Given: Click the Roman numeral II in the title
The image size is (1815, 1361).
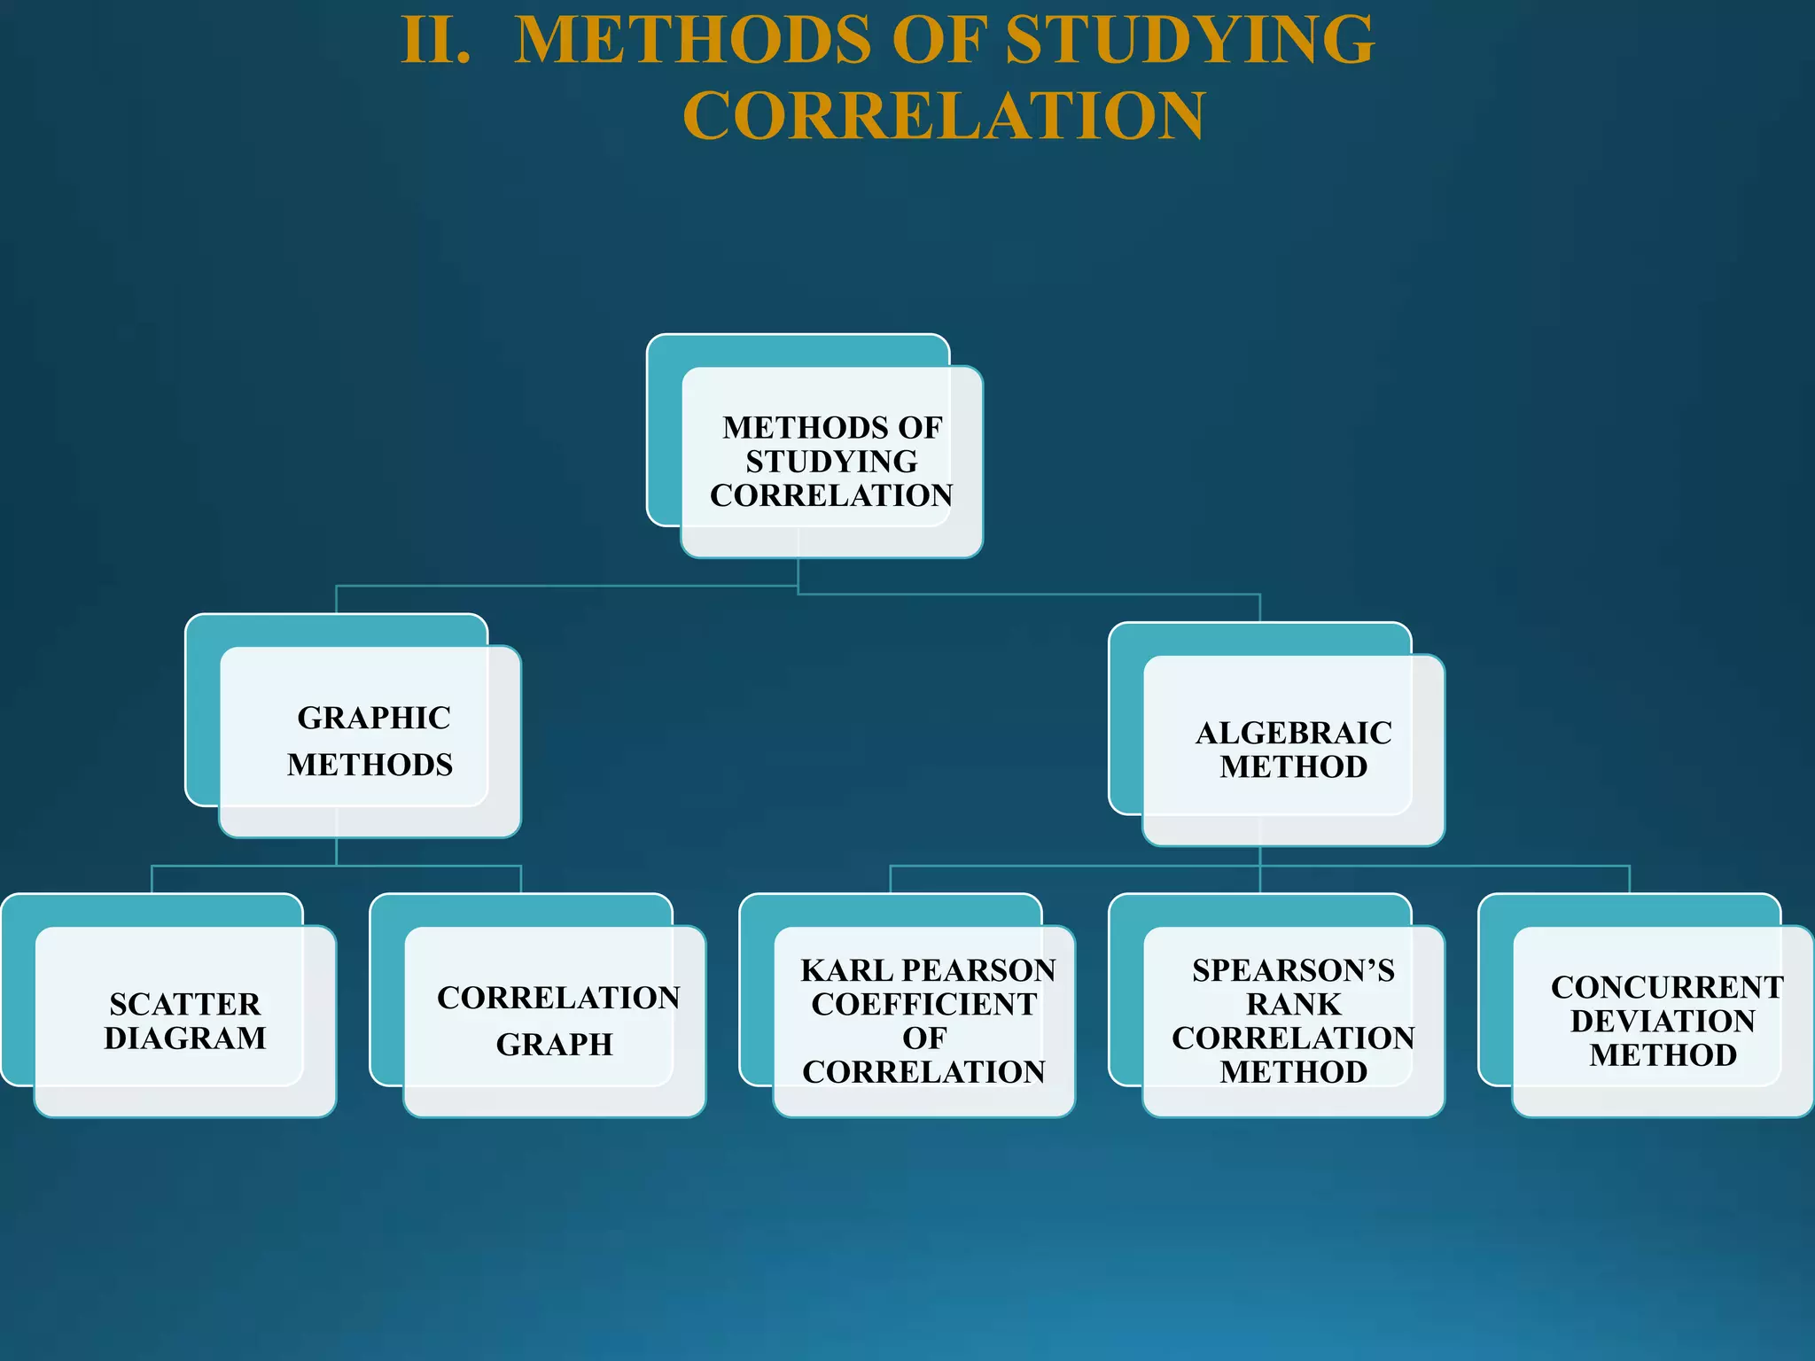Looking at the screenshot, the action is click(435, 41).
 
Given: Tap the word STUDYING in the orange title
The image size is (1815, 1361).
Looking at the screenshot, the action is click(1190, 41).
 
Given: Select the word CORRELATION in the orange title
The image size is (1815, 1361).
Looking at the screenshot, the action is click(943, 116).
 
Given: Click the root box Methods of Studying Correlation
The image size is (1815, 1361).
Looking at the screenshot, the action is click(831, 462).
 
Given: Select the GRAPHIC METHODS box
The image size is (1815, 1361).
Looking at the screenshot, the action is click(370, 741).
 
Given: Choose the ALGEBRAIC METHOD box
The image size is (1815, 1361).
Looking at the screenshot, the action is click(1293, 750).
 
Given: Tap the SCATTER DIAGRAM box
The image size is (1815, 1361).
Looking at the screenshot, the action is click(185, 1021).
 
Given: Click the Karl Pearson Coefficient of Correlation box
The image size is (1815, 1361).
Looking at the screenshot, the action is click(924, 1021).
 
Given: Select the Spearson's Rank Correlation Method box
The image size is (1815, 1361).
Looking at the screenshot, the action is click(1293, 1021).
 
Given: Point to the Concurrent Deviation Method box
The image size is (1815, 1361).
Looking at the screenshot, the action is click(1663, 1021).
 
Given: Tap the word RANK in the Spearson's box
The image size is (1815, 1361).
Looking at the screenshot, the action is click(1293, 1005).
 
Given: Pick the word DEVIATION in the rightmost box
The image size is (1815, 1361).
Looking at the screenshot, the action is click(1663, 1022).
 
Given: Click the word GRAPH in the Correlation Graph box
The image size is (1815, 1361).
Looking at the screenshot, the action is click(555, 1046).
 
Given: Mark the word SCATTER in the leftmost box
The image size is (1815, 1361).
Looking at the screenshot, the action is click(185, 1005).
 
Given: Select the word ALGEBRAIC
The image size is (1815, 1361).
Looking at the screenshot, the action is click(1293, 734).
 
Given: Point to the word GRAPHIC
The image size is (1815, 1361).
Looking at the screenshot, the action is click(374, 718).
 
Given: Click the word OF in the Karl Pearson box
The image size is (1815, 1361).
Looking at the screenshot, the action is click(924, 1038).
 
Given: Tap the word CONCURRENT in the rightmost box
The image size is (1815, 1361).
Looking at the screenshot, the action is click(1666, 988).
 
